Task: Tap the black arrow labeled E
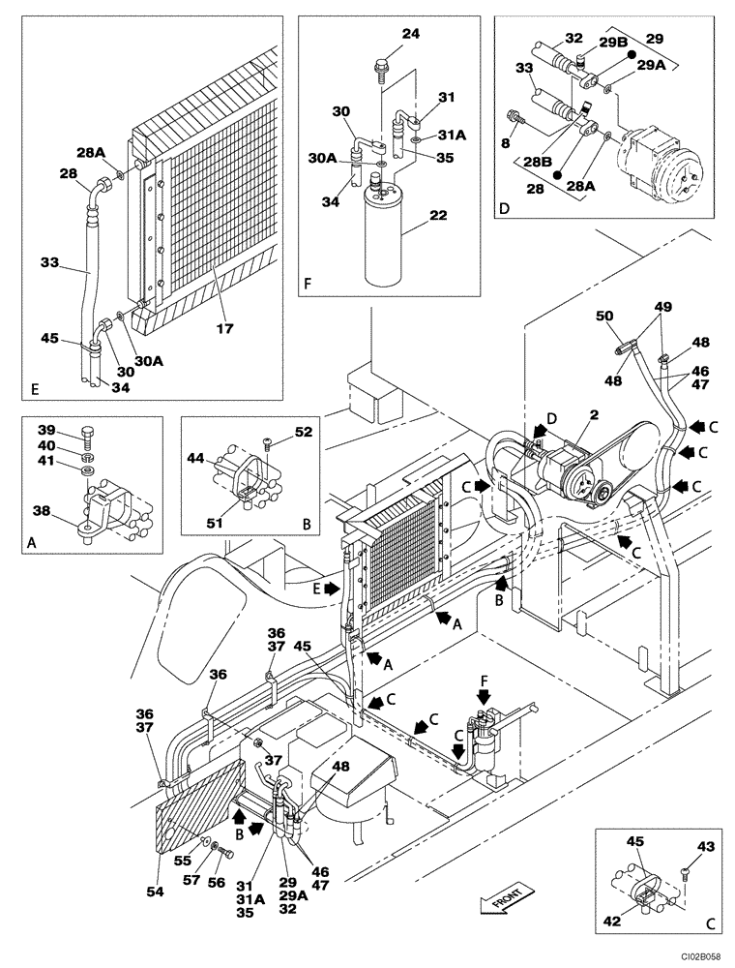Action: (x=331, y=587)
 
